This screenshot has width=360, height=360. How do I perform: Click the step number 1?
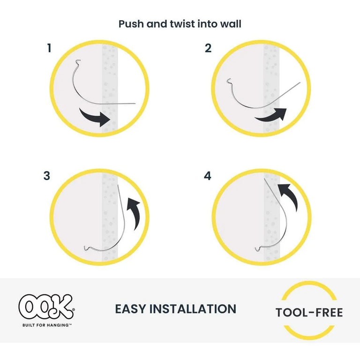point(49,48)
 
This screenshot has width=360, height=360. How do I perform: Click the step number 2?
point(208,48)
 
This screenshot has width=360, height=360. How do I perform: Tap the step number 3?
point(47,176)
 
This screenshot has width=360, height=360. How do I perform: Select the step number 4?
point(208,176)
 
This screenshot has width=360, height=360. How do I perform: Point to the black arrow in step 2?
point(271,114)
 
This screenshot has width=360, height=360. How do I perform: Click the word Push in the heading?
point(131,23)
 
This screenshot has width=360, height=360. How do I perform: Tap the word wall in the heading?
point(231,23)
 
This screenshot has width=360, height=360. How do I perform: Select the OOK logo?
point(46,307)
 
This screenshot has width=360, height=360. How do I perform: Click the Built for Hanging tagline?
point(45,324)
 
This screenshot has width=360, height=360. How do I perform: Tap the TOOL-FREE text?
point(309,312)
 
